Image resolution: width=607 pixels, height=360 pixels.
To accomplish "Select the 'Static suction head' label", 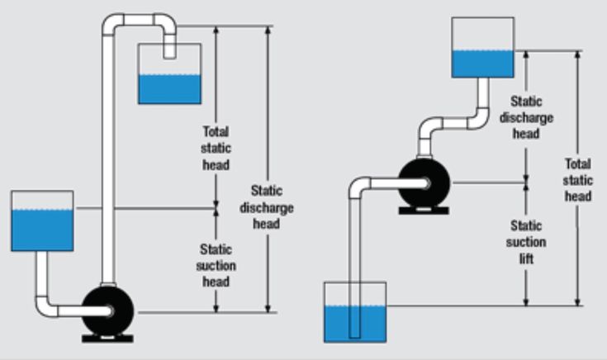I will tap(216, 265).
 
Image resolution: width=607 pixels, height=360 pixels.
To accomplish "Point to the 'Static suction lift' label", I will tap(526, 241).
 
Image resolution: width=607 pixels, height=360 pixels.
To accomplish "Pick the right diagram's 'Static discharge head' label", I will tap(525, 116).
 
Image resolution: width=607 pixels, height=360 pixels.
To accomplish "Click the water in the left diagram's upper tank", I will tap(169, 88).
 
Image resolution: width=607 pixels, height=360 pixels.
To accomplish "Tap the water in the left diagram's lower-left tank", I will tap(41, 230).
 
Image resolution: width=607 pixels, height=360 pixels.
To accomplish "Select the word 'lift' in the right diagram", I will tap(526, 258).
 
